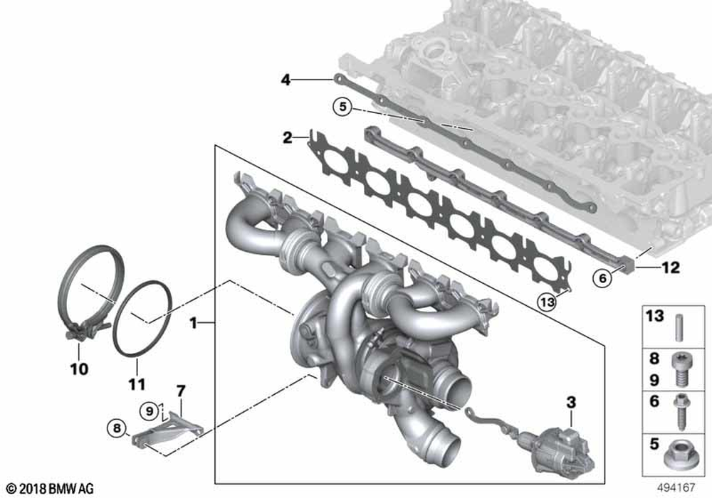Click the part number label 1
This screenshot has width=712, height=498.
[x=194, y=323]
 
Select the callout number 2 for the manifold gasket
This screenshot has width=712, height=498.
[x=288, y=137]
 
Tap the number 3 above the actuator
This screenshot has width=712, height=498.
[x=571, y=402]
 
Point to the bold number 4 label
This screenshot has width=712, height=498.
[x=286, y=80]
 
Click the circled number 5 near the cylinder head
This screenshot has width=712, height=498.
[x=342, y=107]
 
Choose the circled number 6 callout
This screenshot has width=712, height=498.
[x=602, y=277]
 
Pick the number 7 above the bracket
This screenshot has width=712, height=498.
[x=181, y=391]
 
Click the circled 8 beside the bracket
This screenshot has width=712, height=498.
[x=117, y=428]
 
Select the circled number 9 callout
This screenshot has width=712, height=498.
[x=150, y=411]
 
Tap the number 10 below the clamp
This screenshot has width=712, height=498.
[x=79, y=369]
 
